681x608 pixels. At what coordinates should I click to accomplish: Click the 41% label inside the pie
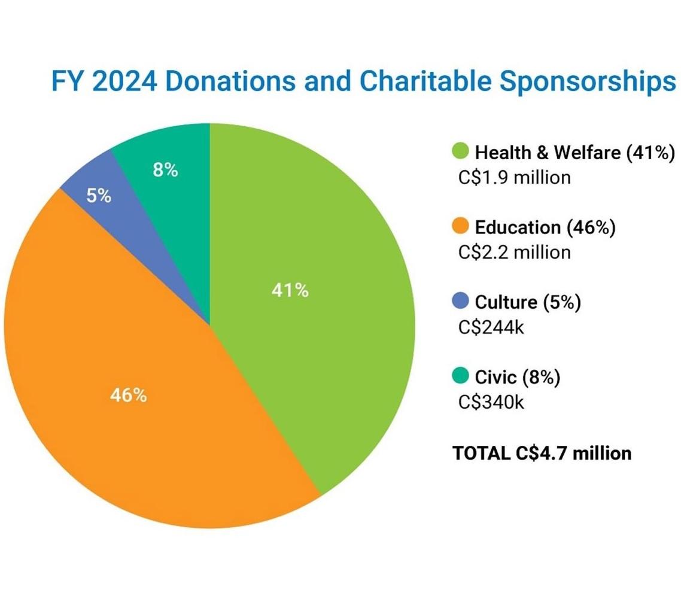290,291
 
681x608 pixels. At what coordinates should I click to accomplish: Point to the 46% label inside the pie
128,396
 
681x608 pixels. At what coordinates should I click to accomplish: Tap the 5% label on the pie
99,196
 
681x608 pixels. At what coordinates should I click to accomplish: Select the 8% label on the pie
165,170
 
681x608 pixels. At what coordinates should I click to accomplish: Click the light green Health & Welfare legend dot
461,152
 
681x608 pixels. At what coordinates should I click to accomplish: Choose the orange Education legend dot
461,227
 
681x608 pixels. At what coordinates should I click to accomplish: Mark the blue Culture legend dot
461,302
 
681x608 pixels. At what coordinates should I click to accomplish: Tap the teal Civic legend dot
461,376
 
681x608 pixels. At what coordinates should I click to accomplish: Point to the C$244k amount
491,327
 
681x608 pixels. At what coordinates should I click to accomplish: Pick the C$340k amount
491,402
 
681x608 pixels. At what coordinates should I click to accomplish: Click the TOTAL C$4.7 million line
542,453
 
